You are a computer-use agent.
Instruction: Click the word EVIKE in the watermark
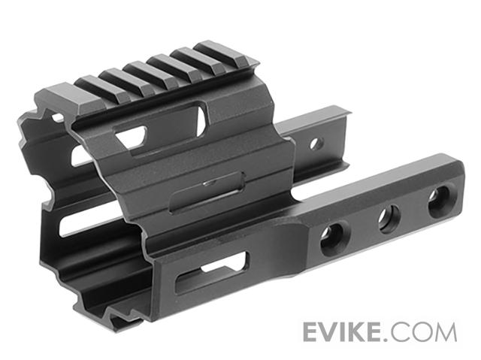point(342,331)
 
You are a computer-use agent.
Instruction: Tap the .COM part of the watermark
point(420,332)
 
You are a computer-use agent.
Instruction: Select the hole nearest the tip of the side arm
point(439,201)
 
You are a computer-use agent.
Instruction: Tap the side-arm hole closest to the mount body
point(331,238)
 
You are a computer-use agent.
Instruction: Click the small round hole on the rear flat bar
point(316,144)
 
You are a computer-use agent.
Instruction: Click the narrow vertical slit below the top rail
point(201,122)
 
